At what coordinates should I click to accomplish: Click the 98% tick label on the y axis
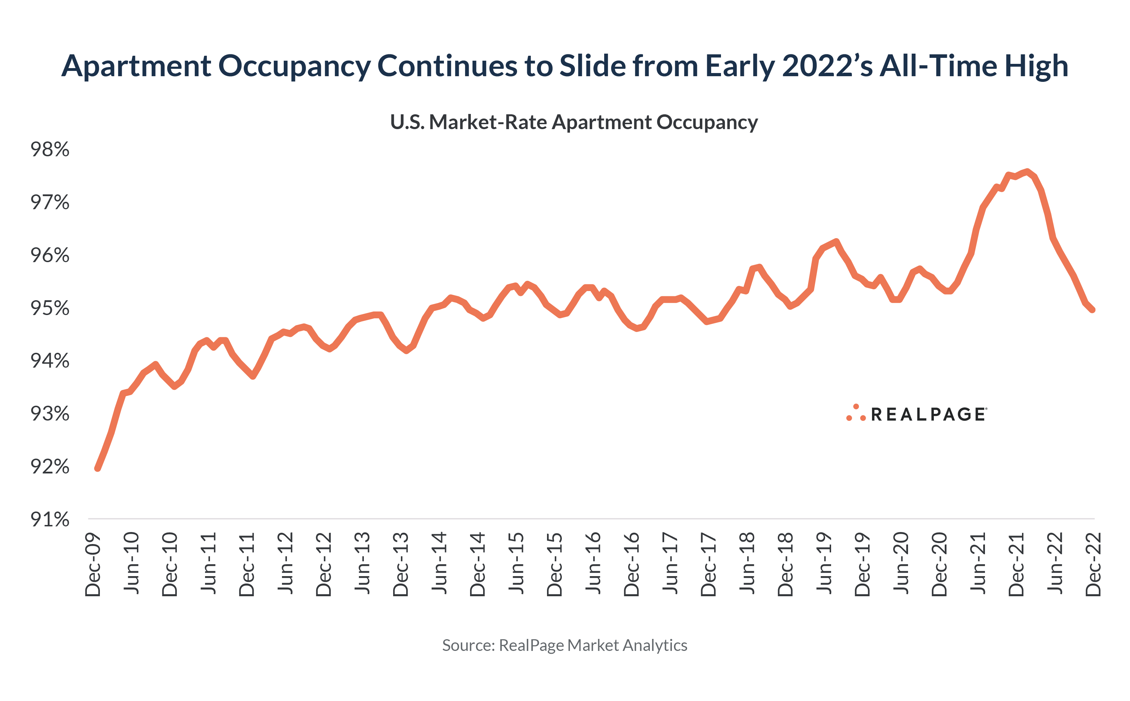(x=50, y=150)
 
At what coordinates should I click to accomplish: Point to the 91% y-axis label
(x=50, y=520)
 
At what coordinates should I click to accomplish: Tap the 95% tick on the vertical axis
(x=50, y=308)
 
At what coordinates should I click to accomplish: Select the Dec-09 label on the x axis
(x=93, y=564)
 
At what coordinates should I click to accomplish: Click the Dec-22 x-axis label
(x=1093, y=564)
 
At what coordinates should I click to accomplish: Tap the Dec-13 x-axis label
(x=401, y=564)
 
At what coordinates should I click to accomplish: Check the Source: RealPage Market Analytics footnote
(x=564, y=645)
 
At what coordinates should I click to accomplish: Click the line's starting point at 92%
(x=97, y=468)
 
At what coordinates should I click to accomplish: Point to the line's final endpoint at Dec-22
(x=1093, y=310)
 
